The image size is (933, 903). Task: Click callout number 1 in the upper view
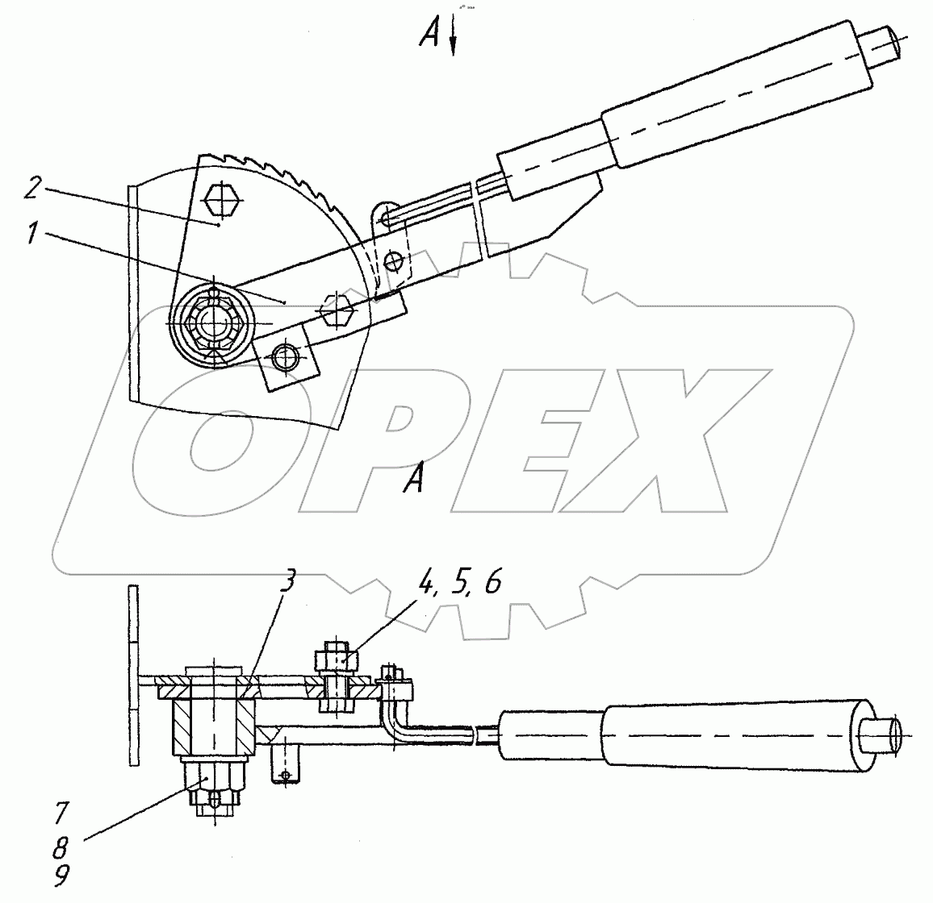(x=33, y=233)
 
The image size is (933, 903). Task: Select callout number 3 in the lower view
(x=287, y=580)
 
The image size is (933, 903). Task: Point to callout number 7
(x=62, y=814)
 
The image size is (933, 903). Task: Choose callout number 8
(x=61, y=847)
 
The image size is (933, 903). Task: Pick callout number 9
(x=61, y=876)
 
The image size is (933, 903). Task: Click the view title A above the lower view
(x=414, y=479)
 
